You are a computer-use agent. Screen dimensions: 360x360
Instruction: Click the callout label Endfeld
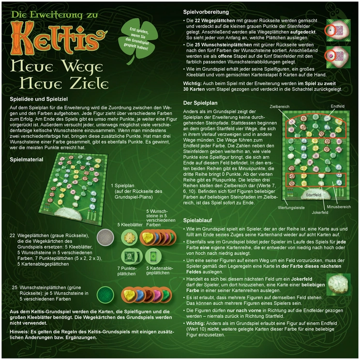tap(338, 105)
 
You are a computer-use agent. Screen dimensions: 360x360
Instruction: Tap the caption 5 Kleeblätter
tap(131, 225)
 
